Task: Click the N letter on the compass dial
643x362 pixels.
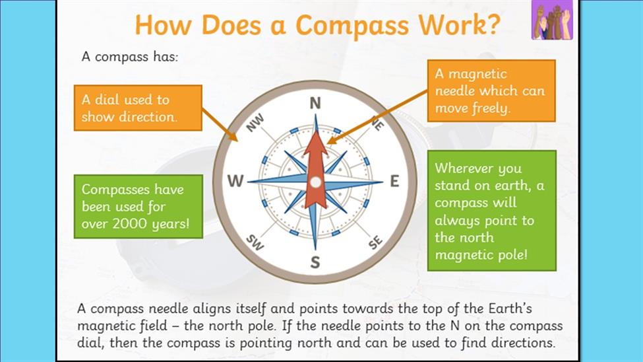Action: [x=315, y=103]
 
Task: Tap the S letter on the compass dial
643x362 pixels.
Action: [x=315, y=262]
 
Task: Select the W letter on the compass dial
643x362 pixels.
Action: [x=235, y=181]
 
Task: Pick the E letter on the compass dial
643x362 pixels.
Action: [x=394, y=181]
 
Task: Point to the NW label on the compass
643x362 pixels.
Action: [x=255, y=123]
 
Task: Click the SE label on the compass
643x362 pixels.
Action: [x=375, y=242]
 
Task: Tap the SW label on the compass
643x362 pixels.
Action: [x=255, y=242]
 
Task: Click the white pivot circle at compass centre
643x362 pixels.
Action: [x=315, y=182]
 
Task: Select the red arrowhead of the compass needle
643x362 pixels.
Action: [x=315, y=145]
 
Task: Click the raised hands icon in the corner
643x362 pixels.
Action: [x=552, y=20]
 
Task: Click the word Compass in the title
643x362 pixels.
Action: [x=352, y=26]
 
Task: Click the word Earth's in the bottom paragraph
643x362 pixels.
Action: [x=510, y=308]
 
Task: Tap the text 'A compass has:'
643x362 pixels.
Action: [x=130, y=57]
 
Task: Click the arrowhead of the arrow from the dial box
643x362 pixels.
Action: [x=233, y=136]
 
